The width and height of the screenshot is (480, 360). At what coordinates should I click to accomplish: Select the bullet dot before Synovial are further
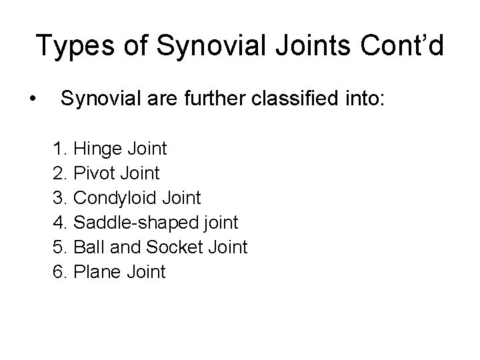pos(32,101)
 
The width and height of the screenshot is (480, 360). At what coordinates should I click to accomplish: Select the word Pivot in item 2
pos(96,173)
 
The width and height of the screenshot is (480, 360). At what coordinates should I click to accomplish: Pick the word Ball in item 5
pos(86,247)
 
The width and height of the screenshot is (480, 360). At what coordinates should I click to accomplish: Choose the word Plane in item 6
pos(97,272)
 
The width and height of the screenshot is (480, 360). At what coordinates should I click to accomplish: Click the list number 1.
pos(59,149)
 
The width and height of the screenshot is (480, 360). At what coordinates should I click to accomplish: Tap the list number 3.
pos(59,198)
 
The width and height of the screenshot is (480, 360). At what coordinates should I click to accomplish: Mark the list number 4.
pos(59,223)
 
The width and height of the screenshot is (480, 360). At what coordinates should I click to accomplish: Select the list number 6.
pos(59,272)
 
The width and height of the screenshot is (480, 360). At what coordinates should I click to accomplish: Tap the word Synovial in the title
pos(190,47)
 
